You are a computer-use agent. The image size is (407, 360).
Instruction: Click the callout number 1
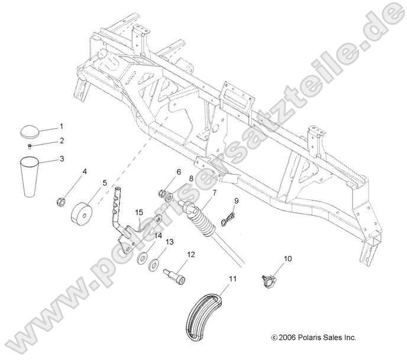[x=60, y=127]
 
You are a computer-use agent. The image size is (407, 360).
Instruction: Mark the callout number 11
[x=232, y=278]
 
